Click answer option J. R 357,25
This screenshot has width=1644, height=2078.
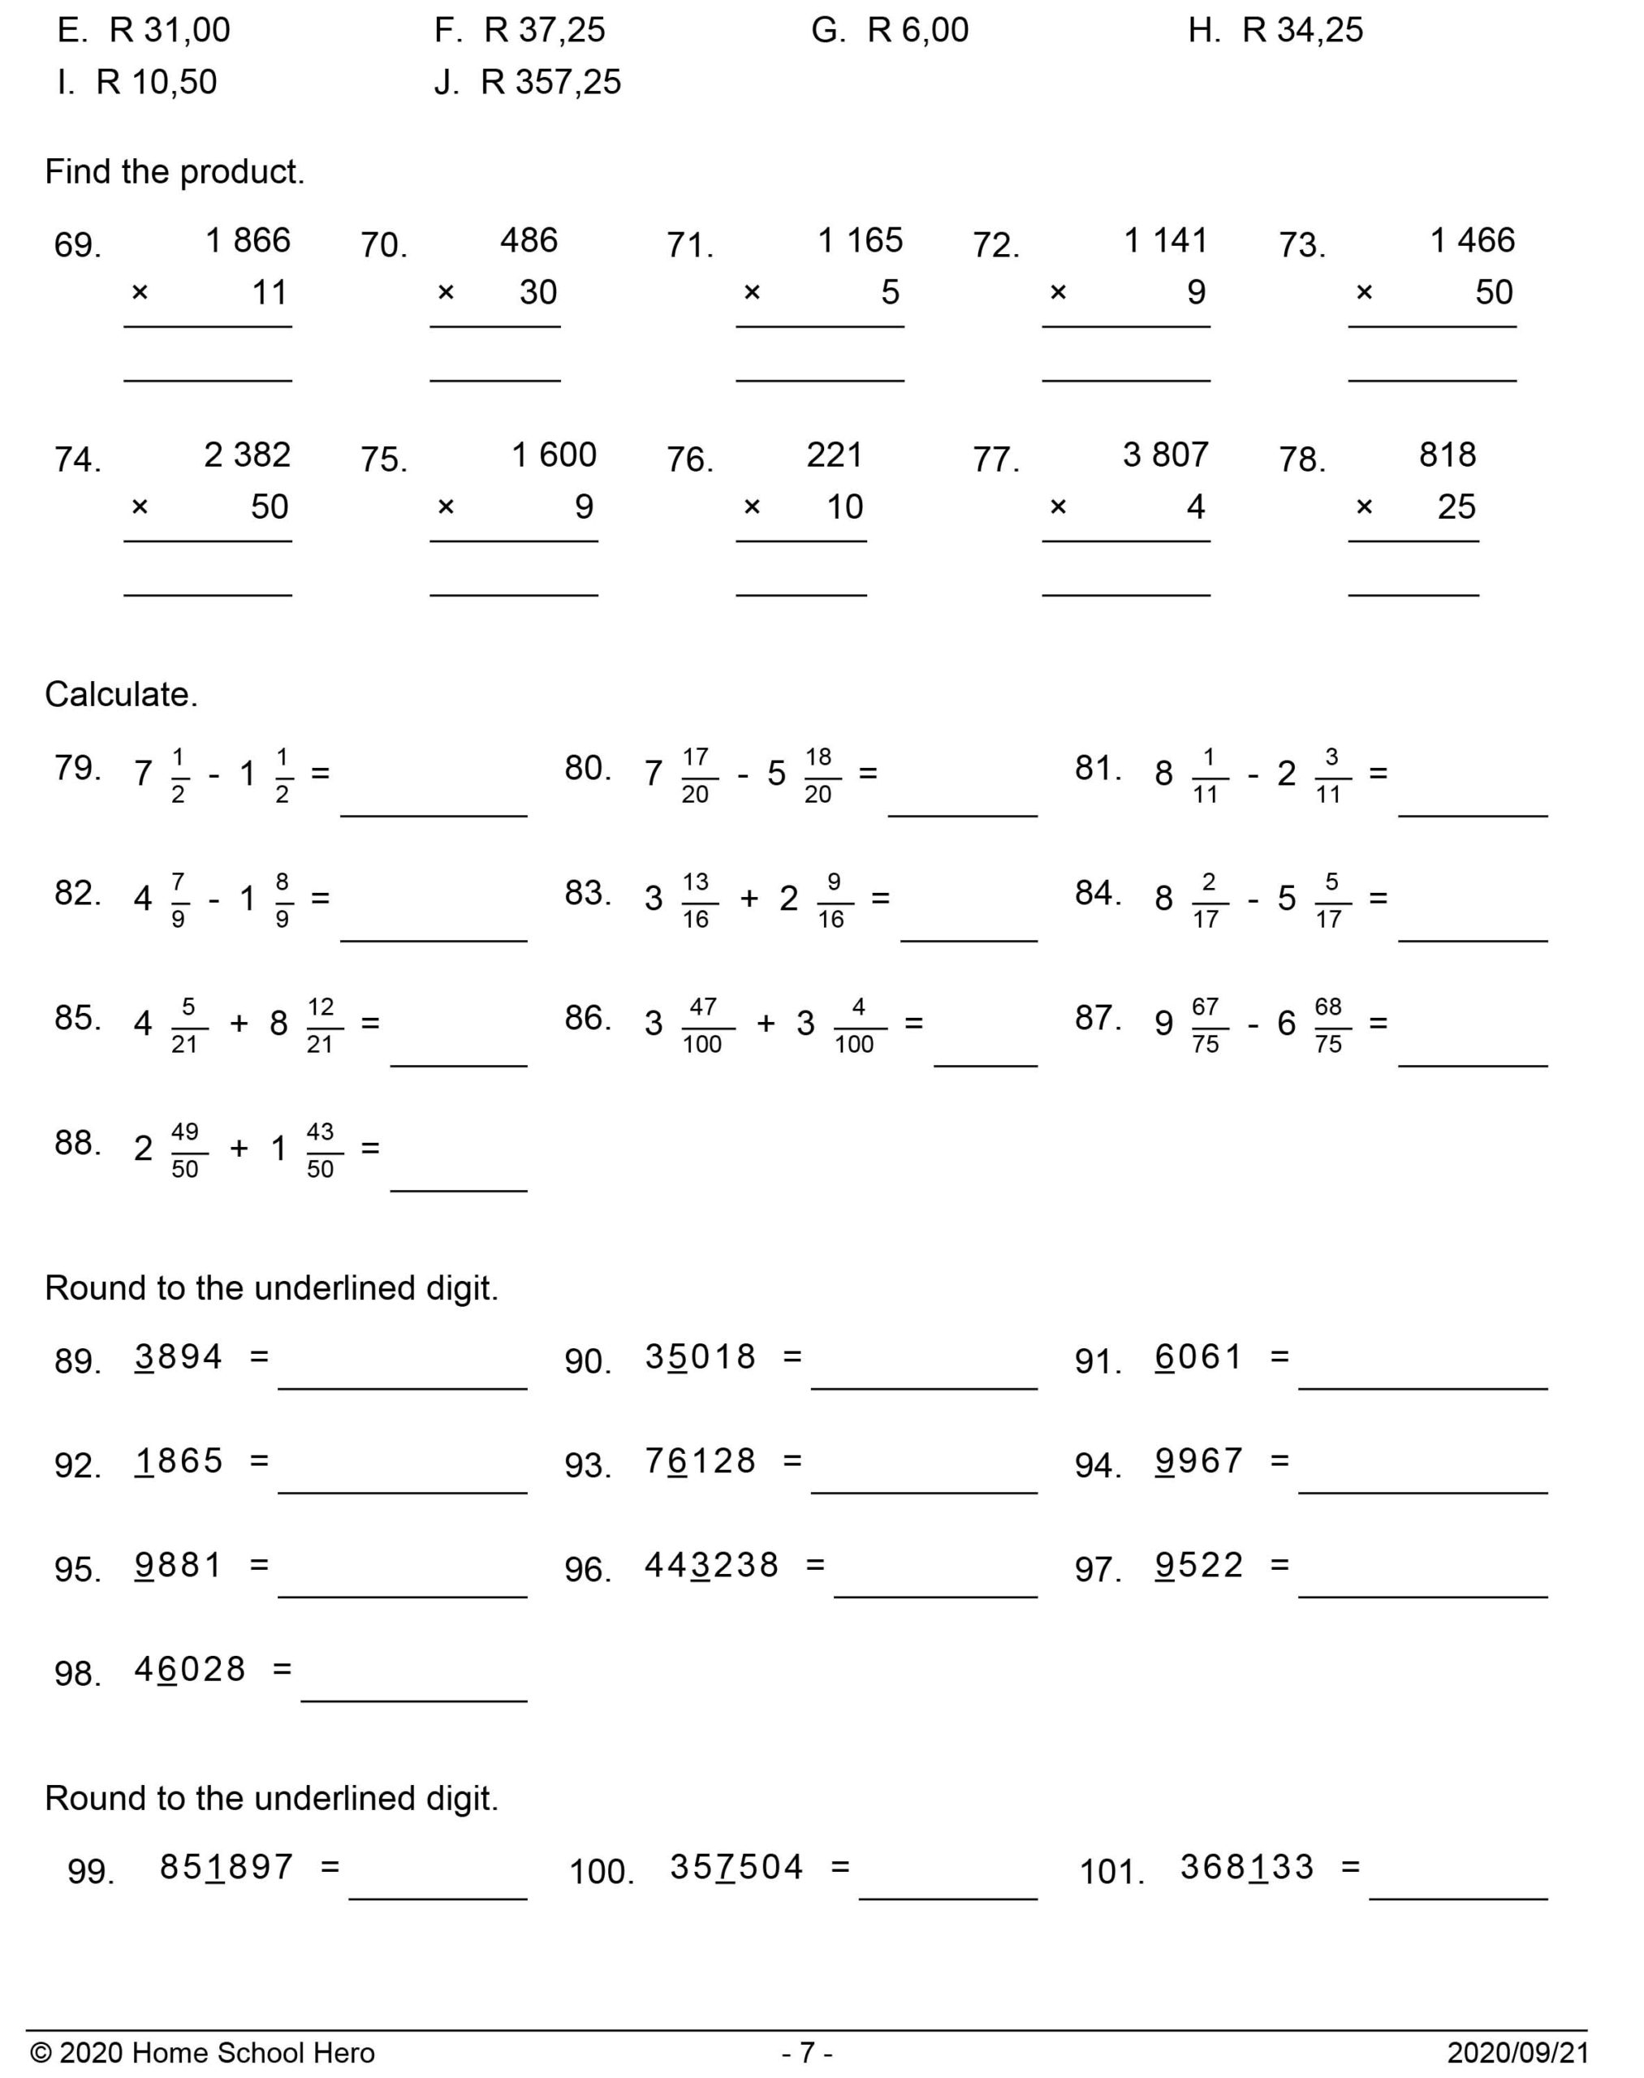pyautogui.click(x=528, y=83)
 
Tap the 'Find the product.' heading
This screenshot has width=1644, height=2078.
pyautogui.click(x=175, y=172)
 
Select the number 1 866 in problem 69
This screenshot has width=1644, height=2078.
pyautogui.click(x=248, y=240)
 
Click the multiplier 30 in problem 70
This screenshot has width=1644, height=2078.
pyautogui.click(x=538, y=292)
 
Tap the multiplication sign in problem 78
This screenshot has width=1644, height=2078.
pyautogui.click(x=1363, y=507)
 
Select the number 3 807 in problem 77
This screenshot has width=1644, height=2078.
pyautogui.click(x=1165, y=455)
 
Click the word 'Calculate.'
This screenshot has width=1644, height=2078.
pyautogui.click(x=121, y=695)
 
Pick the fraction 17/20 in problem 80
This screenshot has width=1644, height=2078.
pyautogui.click(x=695, y=776)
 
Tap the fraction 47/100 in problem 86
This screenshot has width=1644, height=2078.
pyautogui.click(x=702, y=1026)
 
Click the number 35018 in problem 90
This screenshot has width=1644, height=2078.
pyautogui.click(x=701, y=1358)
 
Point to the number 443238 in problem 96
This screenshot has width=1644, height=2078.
pyautogui.click(x=711, y=1566)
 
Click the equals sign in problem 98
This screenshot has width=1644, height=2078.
pyautogui.click(x=281, y=1669)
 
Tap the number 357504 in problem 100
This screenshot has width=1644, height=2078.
pyautogui.click(x=736, y=1867)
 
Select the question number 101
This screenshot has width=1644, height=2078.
pyautogui.click(x=1111, y=1873)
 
